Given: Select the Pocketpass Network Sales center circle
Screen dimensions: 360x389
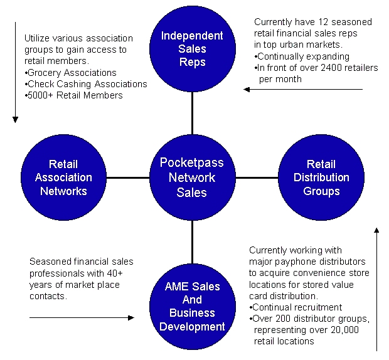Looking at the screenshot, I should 192,177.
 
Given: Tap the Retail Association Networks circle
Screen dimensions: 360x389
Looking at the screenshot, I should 63,177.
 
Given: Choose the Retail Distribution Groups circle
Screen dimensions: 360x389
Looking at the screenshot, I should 321,177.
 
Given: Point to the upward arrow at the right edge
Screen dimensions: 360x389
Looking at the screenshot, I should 376,289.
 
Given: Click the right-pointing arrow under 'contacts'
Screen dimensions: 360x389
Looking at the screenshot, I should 82,317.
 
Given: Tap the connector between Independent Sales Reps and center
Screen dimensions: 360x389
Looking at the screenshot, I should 192,114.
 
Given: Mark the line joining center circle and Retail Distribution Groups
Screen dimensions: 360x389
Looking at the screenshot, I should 257,177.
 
